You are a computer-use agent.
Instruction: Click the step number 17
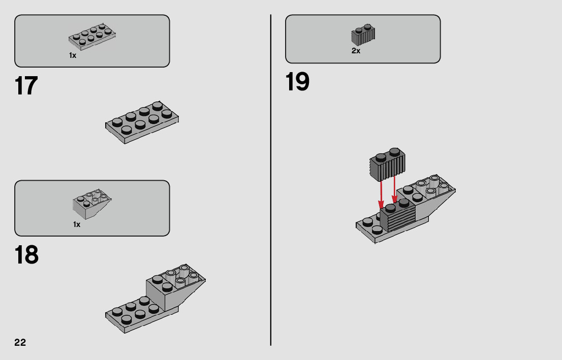[x=26, y=86]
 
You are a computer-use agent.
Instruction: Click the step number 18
[x=26, y=255]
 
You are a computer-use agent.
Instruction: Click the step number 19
[x=297, y=82]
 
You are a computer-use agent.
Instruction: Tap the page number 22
[x=20, y=342]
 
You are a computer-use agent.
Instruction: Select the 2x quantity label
[x=356, y=51]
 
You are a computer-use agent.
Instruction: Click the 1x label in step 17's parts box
[x=73, y=55]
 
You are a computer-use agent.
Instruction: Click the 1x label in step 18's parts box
[x=77, y=224]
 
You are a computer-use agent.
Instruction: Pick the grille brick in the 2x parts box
[x=363, y=35]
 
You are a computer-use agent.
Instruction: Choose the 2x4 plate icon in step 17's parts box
[x=92, y=37]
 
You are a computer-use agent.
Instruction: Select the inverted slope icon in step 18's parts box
[x=92, y=204]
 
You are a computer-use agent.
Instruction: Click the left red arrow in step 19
[x=381, y=194]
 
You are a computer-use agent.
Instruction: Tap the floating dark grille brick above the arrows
[x=387, y=165]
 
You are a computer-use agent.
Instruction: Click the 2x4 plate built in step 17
[x=142, y=122]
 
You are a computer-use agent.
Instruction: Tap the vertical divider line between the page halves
[x=271, y=180]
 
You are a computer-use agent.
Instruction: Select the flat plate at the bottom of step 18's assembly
[x=137, y=315]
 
